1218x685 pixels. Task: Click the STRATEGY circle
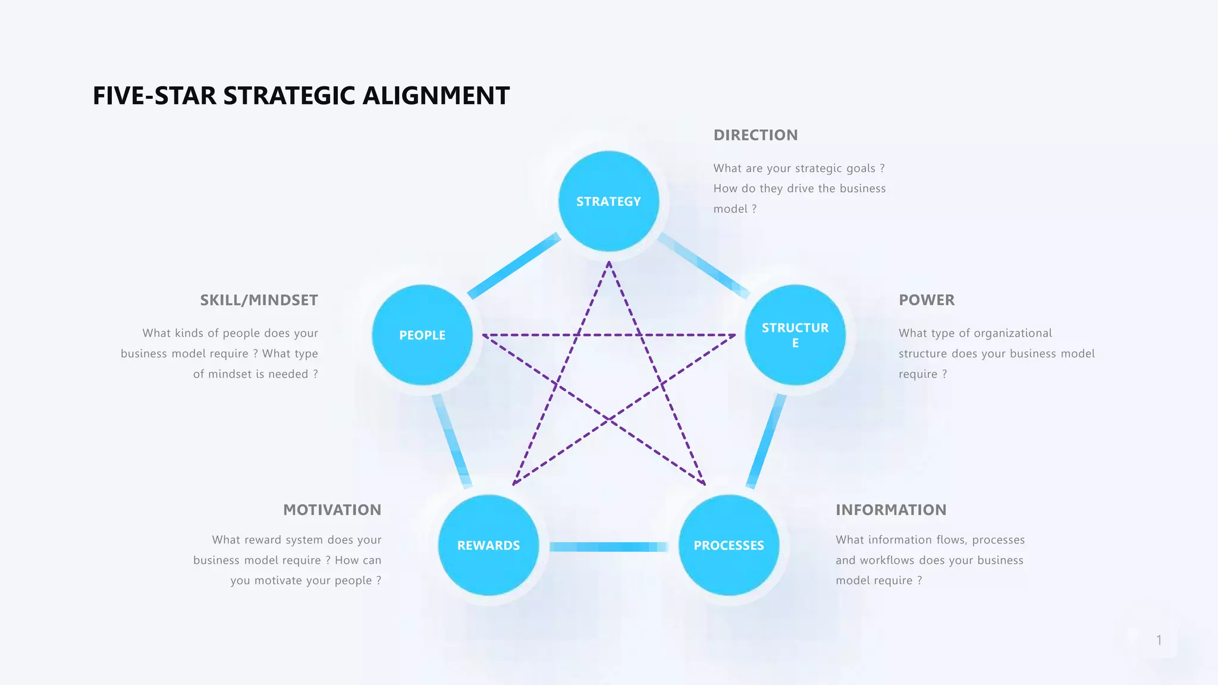pos(608,201)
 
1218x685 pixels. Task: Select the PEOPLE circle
pos(422,335)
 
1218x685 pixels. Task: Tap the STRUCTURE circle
pos(795,335)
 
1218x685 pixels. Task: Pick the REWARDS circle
pos(488,545)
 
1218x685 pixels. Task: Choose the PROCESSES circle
pos(729,545)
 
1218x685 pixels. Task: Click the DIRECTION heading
pos(755,135)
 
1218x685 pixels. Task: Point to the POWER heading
pos(926,300)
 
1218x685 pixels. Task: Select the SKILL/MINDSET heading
pos(259,300)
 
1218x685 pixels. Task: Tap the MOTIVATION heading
pos(332,510)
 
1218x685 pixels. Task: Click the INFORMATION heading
pos(890,510)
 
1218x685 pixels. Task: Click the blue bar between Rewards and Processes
pos(608,547)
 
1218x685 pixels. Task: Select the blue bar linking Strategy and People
pos(514,266)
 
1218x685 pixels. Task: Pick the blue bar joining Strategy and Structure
pos(704,266)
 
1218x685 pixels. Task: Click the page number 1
pos(1159,640)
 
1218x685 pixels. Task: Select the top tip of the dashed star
pos(609,263)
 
